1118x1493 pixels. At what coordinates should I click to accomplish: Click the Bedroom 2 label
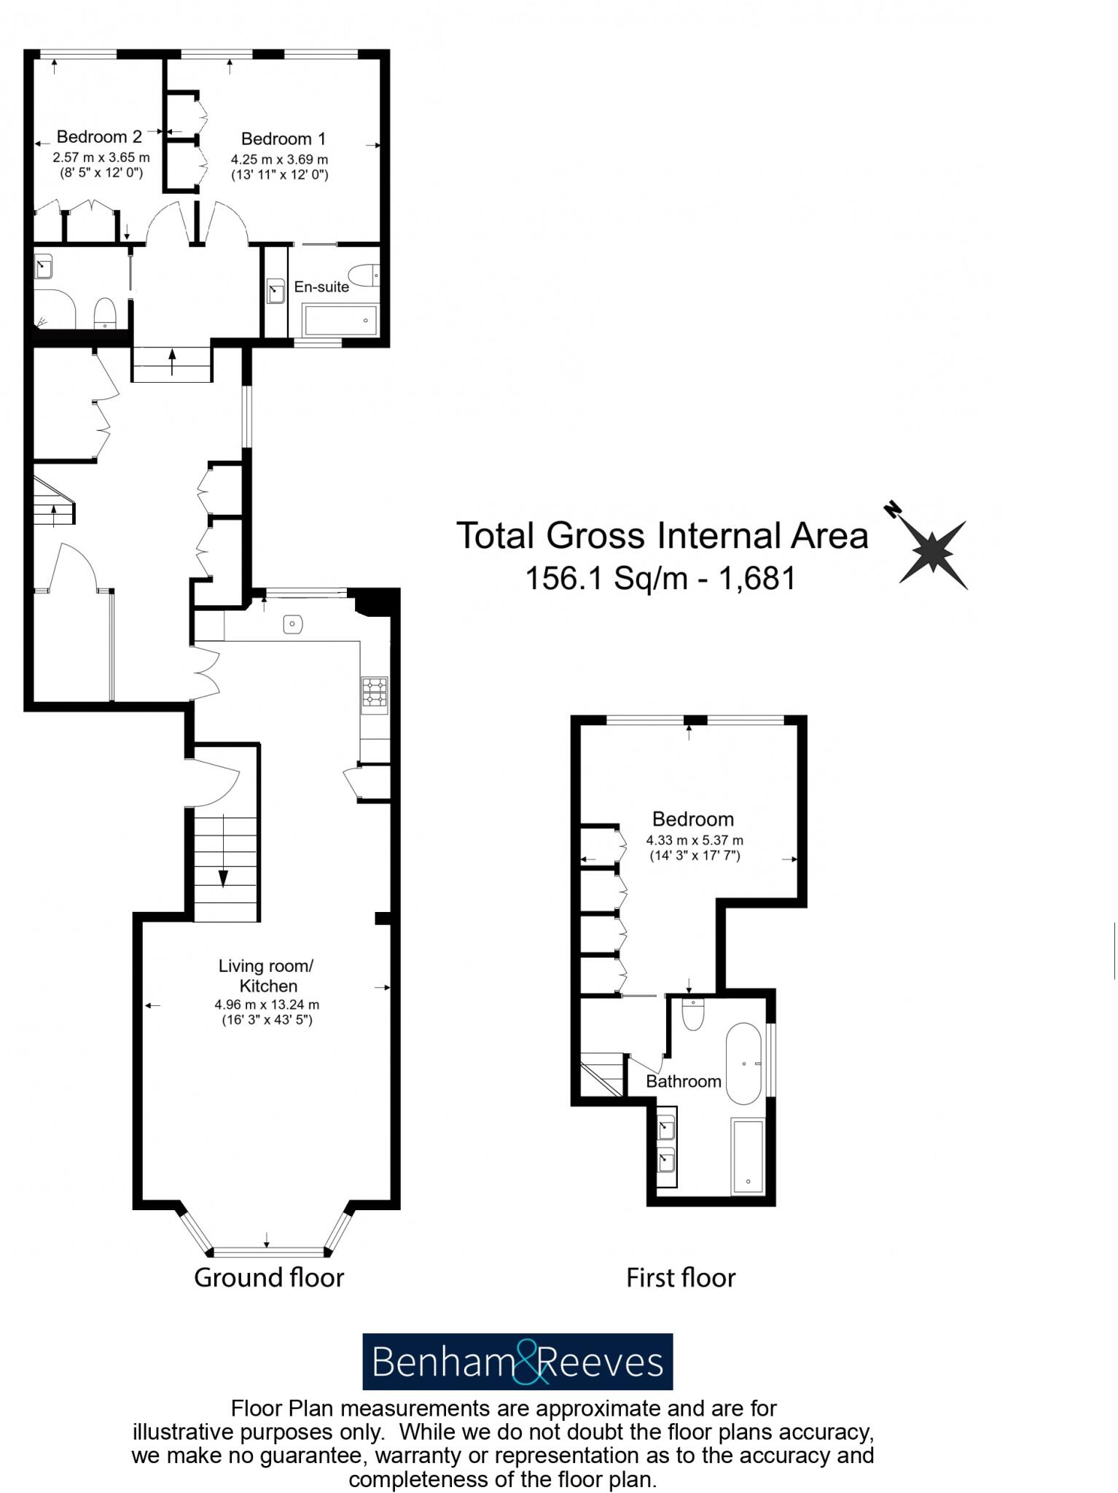coord(99,137)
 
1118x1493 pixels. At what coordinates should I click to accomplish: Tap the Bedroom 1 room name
coord(284,139)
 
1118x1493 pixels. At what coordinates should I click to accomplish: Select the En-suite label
coord(321,287)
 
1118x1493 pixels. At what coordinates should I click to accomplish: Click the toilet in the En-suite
coord(364,275)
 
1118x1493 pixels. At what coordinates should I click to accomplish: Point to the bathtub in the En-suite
coord(340,320)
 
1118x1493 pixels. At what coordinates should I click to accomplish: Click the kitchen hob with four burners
coord(375,693)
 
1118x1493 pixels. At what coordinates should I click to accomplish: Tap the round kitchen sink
coord(293,624)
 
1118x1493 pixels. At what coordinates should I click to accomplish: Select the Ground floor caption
coord(269,1277)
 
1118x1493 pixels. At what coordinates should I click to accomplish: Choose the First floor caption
coord(681,1277)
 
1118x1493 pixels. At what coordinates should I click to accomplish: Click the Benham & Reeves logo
coord(517,1363)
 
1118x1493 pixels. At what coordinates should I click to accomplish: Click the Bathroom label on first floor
coord(684,1082)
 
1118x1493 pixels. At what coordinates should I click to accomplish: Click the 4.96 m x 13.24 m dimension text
coord(267,1005)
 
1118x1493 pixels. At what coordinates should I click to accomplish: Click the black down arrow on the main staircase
coord(223,878)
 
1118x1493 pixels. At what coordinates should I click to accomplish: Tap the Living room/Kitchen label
coord(267,975)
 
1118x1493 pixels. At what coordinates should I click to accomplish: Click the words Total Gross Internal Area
coord(662,536)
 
